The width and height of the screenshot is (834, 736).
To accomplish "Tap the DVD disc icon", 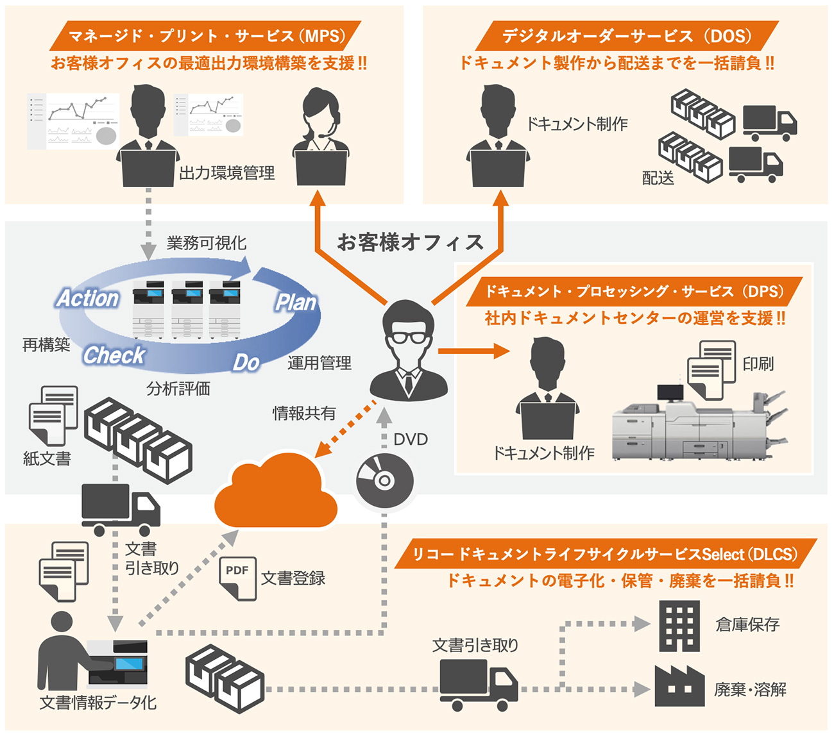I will coord(384,480).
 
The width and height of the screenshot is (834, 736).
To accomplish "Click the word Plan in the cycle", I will coord(296,302).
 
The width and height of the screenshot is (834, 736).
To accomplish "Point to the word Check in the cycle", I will coord(114,355).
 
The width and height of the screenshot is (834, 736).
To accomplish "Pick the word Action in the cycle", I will coord(88,298).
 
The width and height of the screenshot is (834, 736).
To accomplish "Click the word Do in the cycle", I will coord(246,362).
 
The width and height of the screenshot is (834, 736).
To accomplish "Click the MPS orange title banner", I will coord(205,36).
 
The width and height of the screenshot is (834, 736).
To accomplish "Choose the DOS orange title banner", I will coord(626,36).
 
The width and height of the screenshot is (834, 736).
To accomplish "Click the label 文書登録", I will coord(293,578).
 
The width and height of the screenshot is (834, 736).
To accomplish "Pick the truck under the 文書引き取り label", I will coord(478,685).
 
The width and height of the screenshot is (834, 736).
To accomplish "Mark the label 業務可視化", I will coord(207,243).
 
